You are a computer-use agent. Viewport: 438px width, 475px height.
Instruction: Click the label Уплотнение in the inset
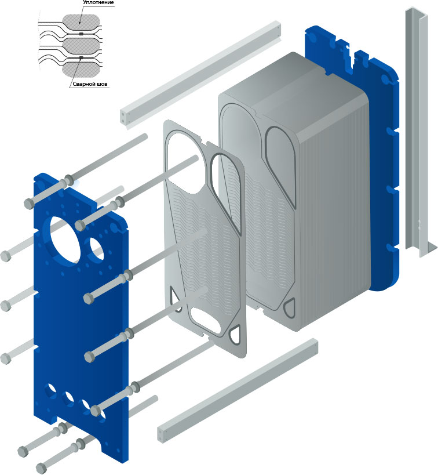coord(98,2)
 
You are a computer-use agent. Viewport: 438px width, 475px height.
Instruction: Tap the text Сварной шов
coord(90,84)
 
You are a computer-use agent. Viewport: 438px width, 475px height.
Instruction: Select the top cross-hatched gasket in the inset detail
coord(81,23)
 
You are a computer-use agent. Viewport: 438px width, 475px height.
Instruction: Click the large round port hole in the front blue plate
coord(65,239)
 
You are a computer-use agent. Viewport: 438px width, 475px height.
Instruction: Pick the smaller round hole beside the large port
coord(97,249)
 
